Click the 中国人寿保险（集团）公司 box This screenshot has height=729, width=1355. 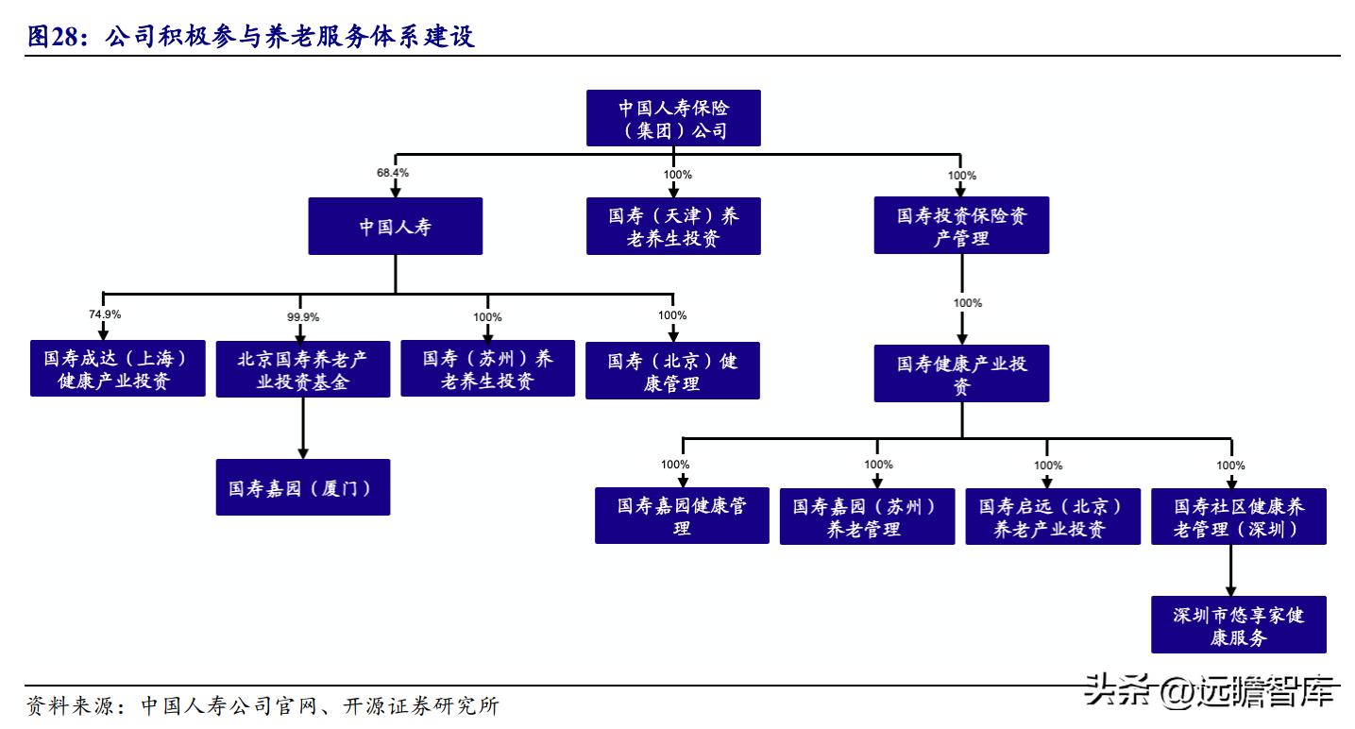(x=673, y=118)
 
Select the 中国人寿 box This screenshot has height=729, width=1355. (x=395, y=227)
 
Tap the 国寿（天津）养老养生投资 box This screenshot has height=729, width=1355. (x=673, y=227)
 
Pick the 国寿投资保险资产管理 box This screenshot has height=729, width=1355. (x=961, y=227)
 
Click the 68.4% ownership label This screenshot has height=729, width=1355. (x=393, y=174)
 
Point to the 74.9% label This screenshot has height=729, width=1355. (x=104, y=314)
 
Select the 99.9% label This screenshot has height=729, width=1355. (x=302, y=316)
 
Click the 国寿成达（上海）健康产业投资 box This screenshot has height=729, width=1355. (x=117, y=369)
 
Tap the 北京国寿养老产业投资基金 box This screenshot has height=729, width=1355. (x=302, y=369)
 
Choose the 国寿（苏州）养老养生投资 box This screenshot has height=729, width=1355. (x=487, y=369)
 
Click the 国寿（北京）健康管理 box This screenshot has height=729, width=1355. (x=672, y=371)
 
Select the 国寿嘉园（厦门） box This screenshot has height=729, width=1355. (x=302, y=487)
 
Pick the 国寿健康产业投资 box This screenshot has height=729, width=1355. (x=961, y=374)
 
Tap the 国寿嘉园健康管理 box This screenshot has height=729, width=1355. (x=682, y=517)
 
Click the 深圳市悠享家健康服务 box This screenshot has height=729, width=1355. (x=1238, y=625)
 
